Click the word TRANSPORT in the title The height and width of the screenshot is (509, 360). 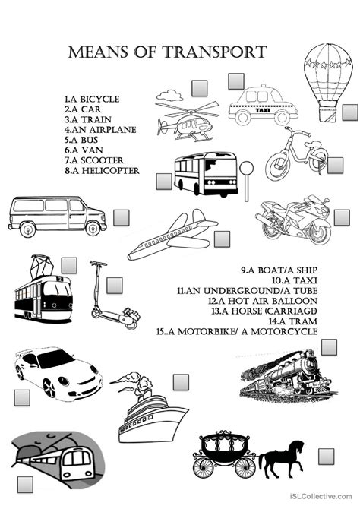(215, 52)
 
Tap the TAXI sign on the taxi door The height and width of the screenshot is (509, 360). (263, 110)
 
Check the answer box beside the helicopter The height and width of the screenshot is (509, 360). (199, 88)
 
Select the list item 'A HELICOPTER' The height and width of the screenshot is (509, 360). (102, 170)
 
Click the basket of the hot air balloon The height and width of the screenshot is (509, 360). (327, 114)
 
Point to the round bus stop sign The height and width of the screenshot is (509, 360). (246, 169)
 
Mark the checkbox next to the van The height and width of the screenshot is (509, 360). (122, 218)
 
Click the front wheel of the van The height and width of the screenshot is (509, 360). (93, 229)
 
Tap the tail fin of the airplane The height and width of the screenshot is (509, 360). (199, 216)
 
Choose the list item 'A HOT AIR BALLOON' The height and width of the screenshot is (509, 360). (262, 301)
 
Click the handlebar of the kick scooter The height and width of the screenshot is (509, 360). (98, 263)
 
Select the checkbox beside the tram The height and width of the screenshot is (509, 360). (69, 266)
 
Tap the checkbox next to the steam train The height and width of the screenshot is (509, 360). (329, 347)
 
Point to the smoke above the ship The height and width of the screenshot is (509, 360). (130, 381)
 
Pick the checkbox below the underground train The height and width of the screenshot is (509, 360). (25, 485)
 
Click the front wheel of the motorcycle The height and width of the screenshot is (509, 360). (320, 232)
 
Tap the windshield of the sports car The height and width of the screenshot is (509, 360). (55, 359)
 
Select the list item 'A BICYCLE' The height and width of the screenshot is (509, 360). (92, 99)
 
